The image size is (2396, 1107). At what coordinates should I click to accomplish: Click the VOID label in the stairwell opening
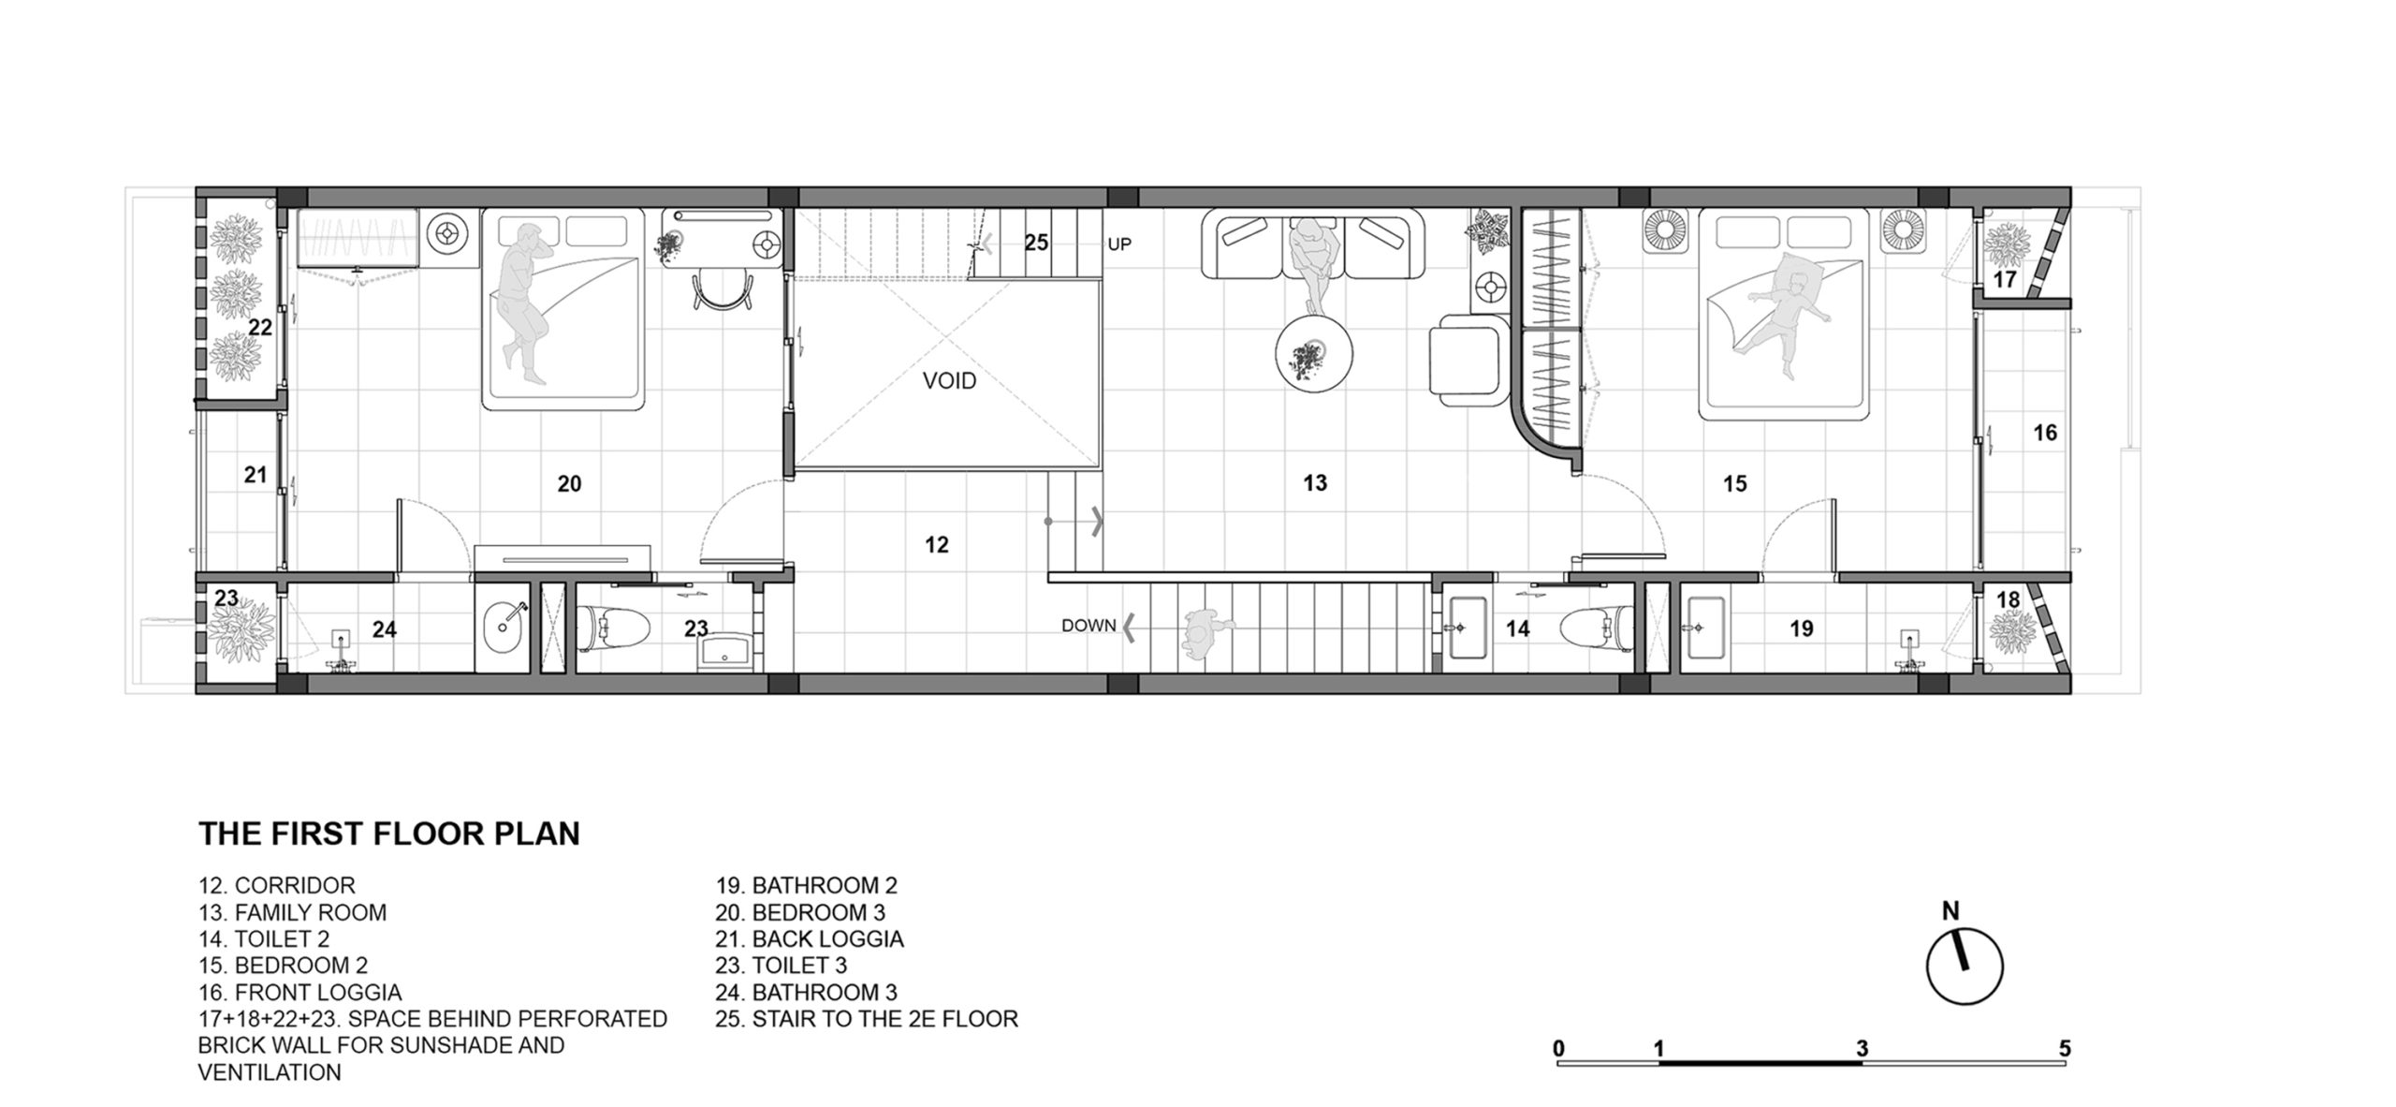tap(949, 381)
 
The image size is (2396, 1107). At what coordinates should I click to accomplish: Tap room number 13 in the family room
tap(1315, 483)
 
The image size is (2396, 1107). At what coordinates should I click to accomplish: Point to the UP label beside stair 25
tap(1119, 244)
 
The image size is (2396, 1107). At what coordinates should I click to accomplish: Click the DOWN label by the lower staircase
tap(1088, 626)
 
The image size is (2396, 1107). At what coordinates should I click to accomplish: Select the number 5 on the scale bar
tap(2065, 1049)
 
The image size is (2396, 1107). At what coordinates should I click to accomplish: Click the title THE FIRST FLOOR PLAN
tap(389, 834)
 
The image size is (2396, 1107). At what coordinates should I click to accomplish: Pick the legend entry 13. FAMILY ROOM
tap(292, 912)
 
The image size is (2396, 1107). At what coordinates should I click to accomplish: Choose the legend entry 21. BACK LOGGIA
tap(810, 938)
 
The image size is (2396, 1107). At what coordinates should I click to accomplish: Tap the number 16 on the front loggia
tap(2045, 433)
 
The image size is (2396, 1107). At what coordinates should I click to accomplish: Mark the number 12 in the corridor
tap(937, 545)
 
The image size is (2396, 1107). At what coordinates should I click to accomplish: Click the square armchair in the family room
tap(1469, 361)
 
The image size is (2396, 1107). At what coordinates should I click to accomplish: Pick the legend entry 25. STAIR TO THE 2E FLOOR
tap(867, 1018)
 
